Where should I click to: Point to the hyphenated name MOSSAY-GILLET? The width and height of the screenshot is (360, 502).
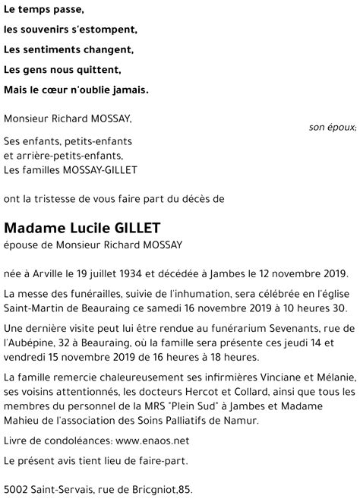[x=106, y=169]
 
